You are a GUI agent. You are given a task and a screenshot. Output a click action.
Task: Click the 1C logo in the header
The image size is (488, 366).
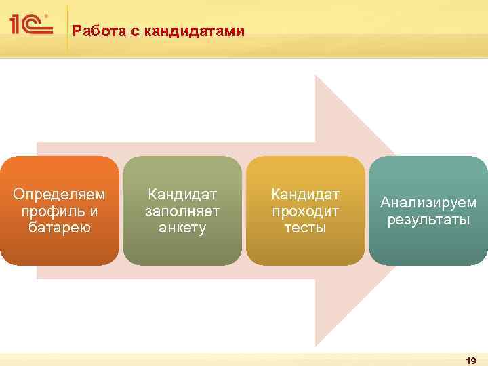coord(30,26)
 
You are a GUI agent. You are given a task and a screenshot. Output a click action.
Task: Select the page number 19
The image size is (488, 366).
coord(471,361)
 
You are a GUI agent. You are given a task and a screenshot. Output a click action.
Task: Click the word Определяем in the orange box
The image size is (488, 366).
coord(60,195)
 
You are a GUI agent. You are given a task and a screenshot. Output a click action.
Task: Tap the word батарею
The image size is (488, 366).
coord(60,227)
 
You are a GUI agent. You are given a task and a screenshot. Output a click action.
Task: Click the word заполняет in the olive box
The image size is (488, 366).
coord(182,211)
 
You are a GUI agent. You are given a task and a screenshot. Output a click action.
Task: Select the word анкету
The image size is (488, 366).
coord(182,228)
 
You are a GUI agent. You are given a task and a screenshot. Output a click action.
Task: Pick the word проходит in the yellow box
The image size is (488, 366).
coord(305,211)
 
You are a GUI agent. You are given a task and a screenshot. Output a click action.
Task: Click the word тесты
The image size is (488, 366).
coord(305,228)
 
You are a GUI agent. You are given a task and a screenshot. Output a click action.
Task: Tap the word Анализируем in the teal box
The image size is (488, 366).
coord(428,203)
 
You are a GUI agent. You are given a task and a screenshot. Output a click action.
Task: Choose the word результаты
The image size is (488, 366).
coord(428,220)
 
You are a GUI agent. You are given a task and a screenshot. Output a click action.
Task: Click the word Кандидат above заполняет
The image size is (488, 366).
coord(182,195)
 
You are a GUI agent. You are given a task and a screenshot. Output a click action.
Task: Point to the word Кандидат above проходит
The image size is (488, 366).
coord(305,195)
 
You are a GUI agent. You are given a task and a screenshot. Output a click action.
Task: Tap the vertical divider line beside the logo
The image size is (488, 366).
coord(68,27)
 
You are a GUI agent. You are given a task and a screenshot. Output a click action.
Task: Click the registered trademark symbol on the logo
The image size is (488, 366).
coord(46,14)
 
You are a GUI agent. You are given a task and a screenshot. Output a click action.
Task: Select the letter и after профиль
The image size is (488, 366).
coord(94,211)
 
